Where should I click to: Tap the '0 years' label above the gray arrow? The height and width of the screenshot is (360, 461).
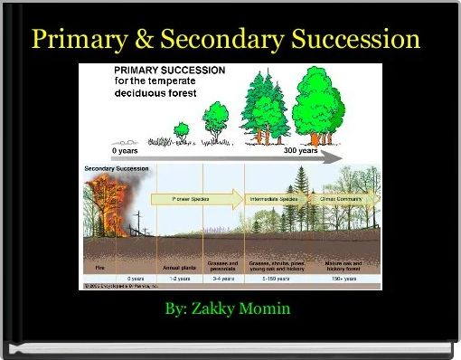coord(130,150)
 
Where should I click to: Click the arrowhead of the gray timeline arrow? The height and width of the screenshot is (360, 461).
coord(335,157)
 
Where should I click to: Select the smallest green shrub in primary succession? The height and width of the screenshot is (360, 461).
coord(182,130)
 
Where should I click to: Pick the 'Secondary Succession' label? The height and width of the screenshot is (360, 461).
coord(118,169)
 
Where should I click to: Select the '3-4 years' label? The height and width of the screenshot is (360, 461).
coord(223,279)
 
